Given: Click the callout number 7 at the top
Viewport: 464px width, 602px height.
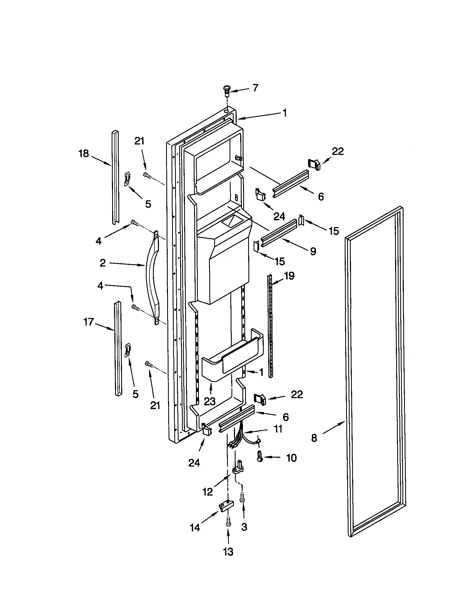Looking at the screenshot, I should [256, 88].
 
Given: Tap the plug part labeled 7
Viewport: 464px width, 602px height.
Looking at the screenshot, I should [227, 91].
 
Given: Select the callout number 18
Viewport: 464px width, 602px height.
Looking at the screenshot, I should [84, 154].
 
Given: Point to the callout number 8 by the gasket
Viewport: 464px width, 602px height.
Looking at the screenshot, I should [314, 438].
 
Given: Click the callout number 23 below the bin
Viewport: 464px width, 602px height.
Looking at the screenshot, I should [209, 401].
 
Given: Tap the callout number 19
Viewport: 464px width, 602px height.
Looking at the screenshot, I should [289, 276].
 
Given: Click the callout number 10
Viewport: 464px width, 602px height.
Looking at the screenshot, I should [291, 458].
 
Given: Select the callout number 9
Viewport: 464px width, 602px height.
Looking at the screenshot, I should [313, 251].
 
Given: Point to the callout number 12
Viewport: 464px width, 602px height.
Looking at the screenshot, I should [208, 492].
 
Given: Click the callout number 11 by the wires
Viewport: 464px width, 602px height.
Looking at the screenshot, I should [278, 429].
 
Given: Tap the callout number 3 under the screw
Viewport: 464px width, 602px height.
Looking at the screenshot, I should [244, 527].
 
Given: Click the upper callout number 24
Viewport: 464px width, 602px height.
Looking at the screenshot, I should [279, 217].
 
